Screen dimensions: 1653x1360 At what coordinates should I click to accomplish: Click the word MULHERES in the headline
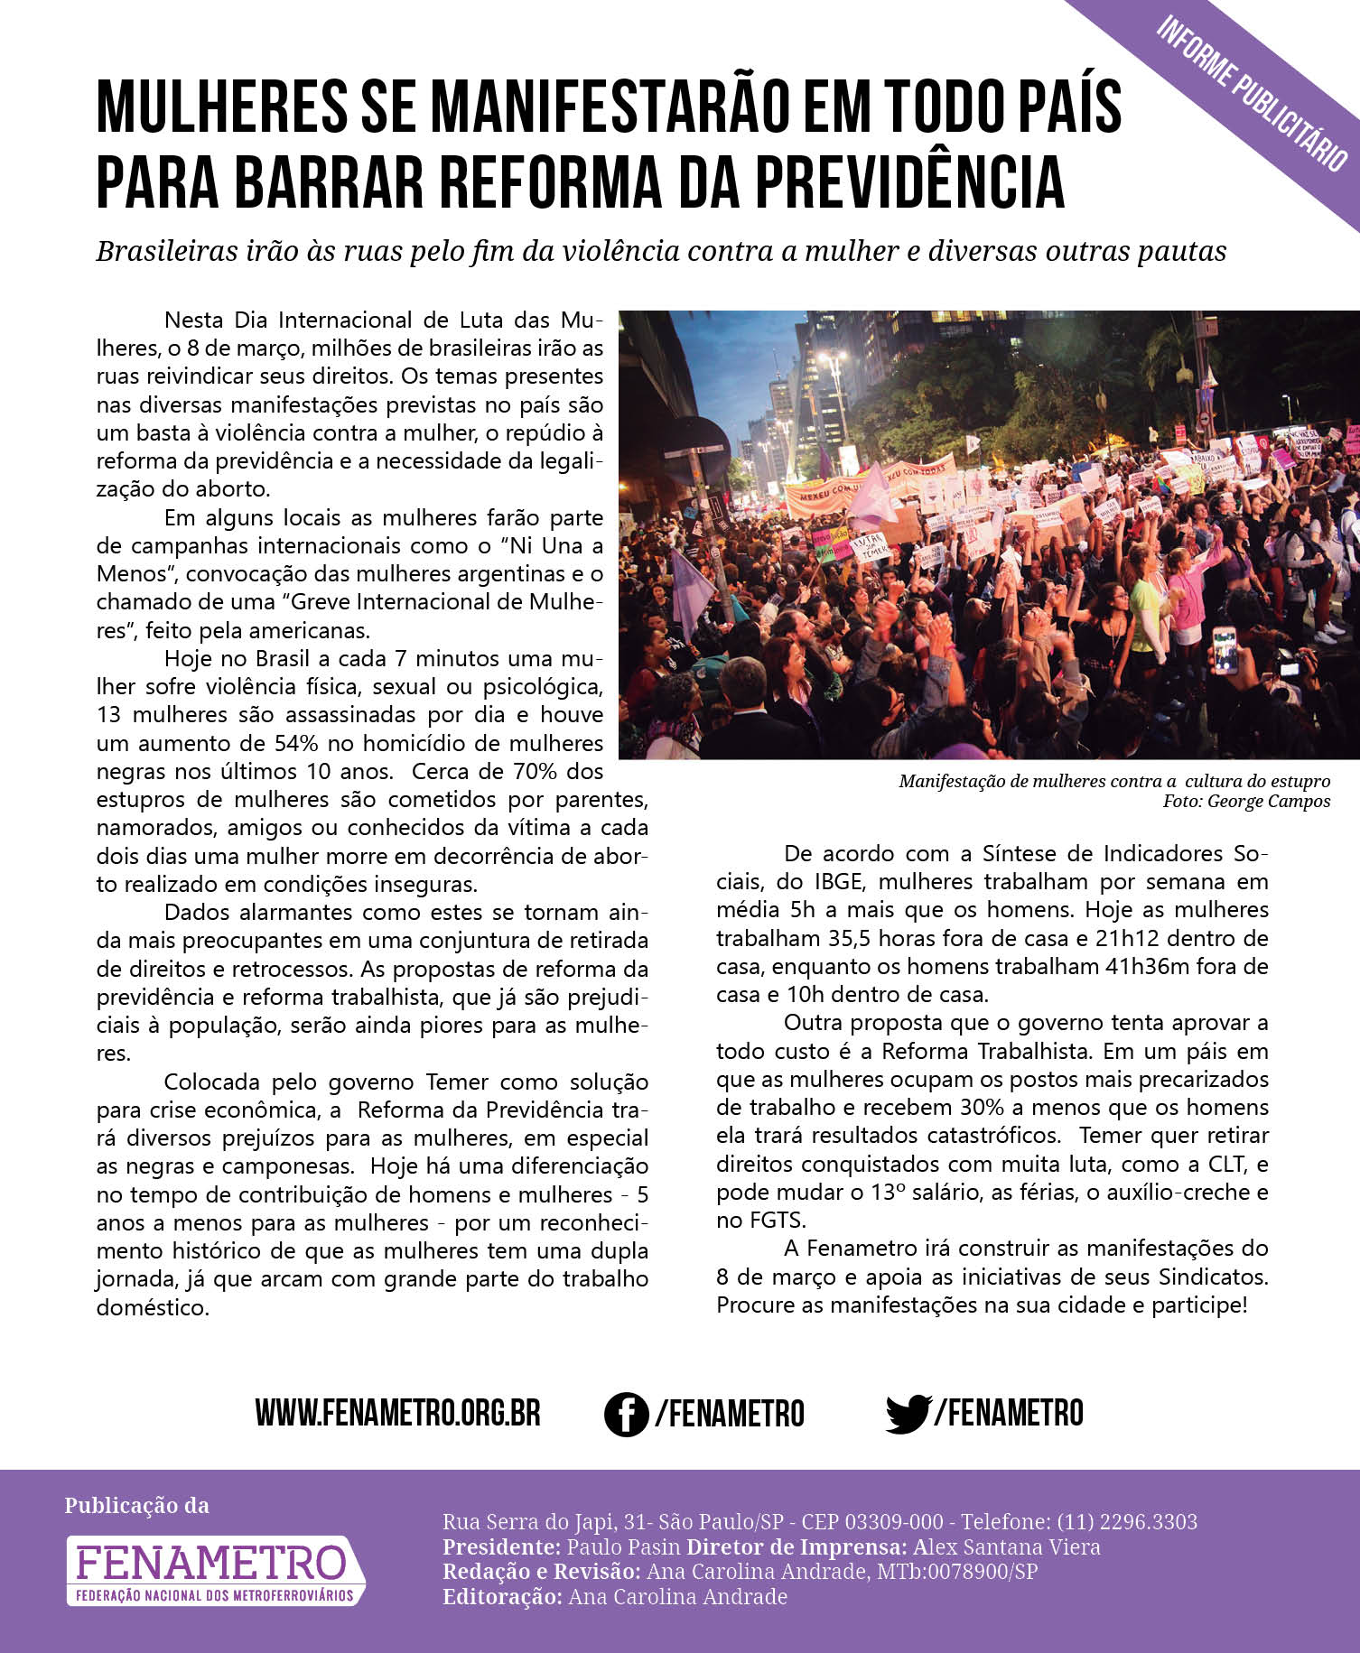[221, 108]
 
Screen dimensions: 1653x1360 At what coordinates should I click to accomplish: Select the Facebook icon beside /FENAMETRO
[626, 1413]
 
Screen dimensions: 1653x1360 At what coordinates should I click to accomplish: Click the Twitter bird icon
[908, 1413]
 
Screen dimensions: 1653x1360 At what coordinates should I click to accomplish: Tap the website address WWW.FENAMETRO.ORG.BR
[397, 1413]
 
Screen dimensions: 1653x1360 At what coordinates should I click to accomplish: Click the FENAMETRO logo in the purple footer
[215, 1571]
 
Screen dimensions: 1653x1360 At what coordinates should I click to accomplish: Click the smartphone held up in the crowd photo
[1224, 650]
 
